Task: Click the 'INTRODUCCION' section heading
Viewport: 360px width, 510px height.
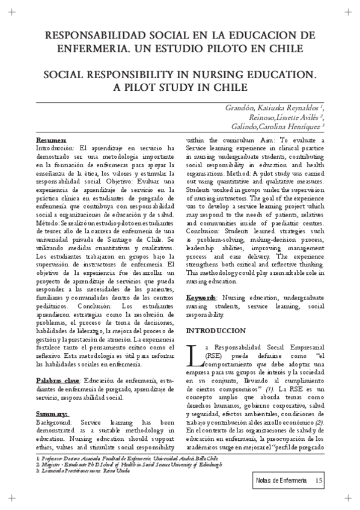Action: click(x=216, y=331)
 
